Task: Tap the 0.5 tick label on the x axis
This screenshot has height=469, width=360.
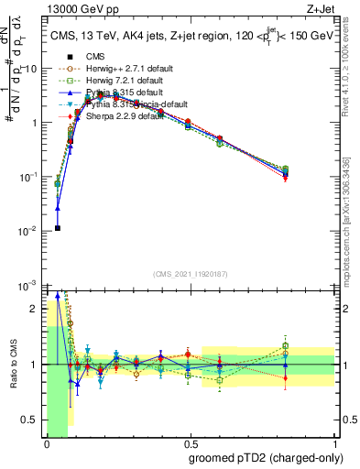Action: [x=190, y=444]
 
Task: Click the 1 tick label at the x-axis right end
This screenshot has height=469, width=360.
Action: [x=333, y=444]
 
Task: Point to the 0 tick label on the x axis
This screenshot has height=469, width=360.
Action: [x=47, y=444]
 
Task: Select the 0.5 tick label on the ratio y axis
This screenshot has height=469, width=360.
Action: [x=29, y=420]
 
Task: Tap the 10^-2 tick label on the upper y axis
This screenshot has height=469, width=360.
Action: [x=29, y=231]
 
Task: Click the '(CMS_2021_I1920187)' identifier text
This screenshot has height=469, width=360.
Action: [x=190, y=272]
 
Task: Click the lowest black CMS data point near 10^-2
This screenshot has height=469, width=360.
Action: [x=57, y=228]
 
